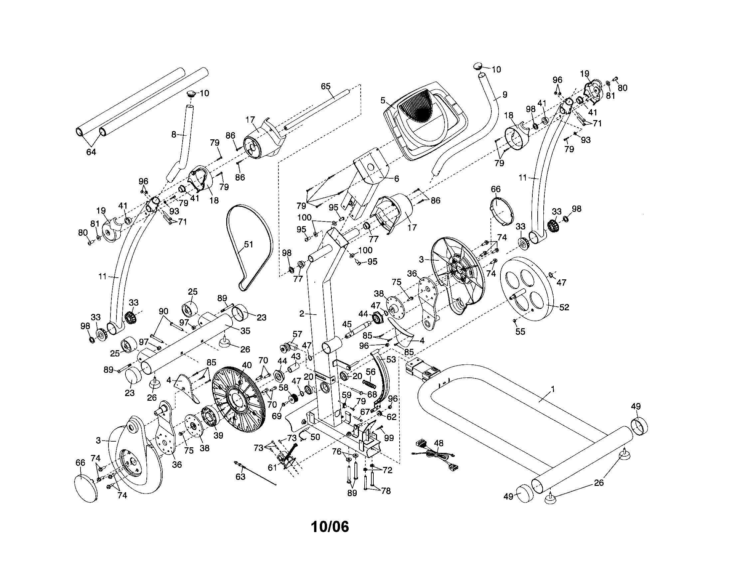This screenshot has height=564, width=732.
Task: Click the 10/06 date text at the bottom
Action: [330, 527]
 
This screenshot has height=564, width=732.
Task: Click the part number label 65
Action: [325, 86]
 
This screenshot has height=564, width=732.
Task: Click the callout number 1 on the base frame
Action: [553, 389]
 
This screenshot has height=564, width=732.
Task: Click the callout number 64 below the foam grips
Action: [91, 152]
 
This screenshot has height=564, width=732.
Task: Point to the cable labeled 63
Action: [255, 473]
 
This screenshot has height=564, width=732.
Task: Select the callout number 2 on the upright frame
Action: [301, 314]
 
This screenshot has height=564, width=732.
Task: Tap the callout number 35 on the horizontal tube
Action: [245, 331]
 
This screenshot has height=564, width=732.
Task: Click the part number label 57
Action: [297, 334]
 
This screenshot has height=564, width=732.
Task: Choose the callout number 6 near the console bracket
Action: [397, 179]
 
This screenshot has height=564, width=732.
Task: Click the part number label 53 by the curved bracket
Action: [391, 359]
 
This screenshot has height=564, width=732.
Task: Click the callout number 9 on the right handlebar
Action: [505, 95]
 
